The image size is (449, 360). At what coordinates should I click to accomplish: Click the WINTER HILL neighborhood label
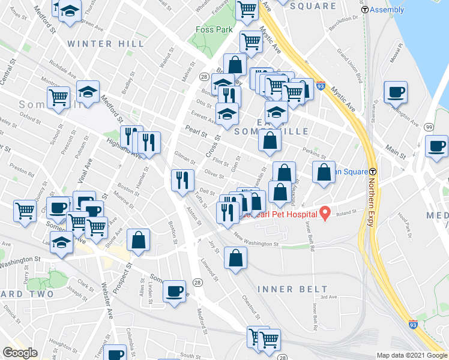tap(106, 44)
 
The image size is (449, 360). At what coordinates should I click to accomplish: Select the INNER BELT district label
tap(285, 289)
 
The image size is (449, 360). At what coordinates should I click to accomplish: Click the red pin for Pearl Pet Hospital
tap(325, 212)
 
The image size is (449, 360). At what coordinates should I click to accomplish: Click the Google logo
tap(20, 353)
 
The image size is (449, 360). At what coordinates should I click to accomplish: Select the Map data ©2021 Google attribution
tap(412, 355)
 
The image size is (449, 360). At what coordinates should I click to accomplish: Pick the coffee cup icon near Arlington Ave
tap(396, 92)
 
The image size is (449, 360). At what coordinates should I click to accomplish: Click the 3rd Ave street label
tap(328, 296)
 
